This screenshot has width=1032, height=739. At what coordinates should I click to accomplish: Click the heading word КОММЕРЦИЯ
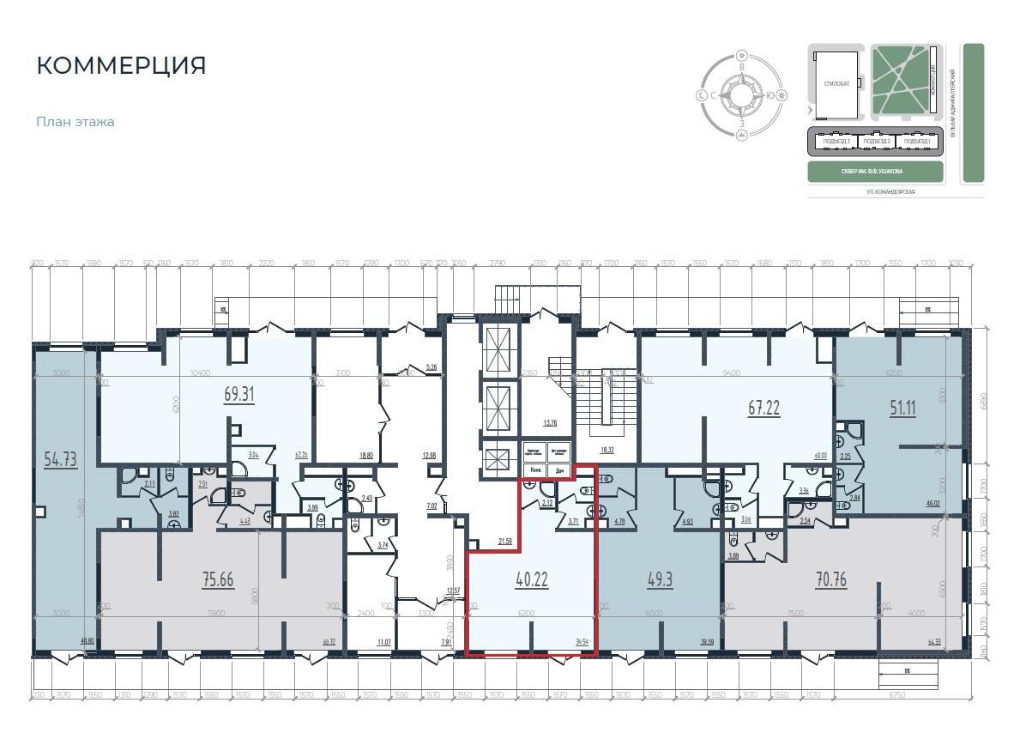point(121,66)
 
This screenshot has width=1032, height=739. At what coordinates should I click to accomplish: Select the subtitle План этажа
point(75,122)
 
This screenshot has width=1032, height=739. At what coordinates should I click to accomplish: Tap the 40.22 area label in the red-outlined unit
point(531,579)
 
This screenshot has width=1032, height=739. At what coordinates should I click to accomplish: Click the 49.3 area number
point(659,579)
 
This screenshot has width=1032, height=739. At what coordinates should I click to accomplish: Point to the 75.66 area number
point(217,579)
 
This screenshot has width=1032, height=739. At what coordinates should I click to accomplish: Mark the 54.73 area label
point(61,459)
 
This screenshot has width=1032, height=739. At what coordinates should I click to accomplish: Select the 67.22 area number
point(763,408)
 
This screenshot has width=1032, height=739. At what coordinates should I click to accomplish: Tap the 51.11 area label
point(902,408)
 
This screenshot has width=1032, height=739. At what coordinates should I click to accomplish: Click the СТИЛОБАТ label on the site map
point(836,84)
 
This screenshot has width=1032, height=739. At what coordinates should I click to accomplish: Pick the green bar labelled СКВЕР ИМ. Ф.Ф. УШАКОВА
point(876,172)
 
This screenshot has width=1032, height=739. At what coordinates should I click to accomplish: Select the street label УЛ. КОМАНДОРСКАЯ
point(892,192)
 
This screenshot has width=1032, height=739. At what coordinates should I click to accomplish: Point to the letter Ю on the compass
point(771,95)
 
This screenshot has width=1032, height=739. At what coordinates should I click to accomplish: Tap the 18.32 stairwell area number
point(609,449)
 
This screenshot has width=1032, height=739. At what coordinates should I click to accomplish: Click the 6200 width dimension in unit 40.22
point(526,614)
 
